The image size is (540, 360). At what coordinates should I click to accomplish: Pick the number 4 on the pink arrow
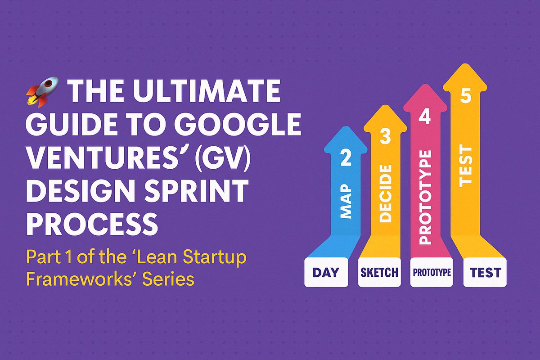(425, 117)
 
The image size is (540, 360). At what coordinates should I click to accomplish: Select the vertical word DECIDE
(386, 193)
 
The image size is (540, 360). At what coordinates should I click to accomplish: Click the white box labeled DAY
(326, 272)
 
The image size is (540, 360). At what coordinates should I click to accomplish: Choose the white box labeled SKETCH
(379, 272)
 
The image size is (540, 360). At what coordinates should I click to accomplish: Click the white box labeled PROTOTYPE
(432, 272)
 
